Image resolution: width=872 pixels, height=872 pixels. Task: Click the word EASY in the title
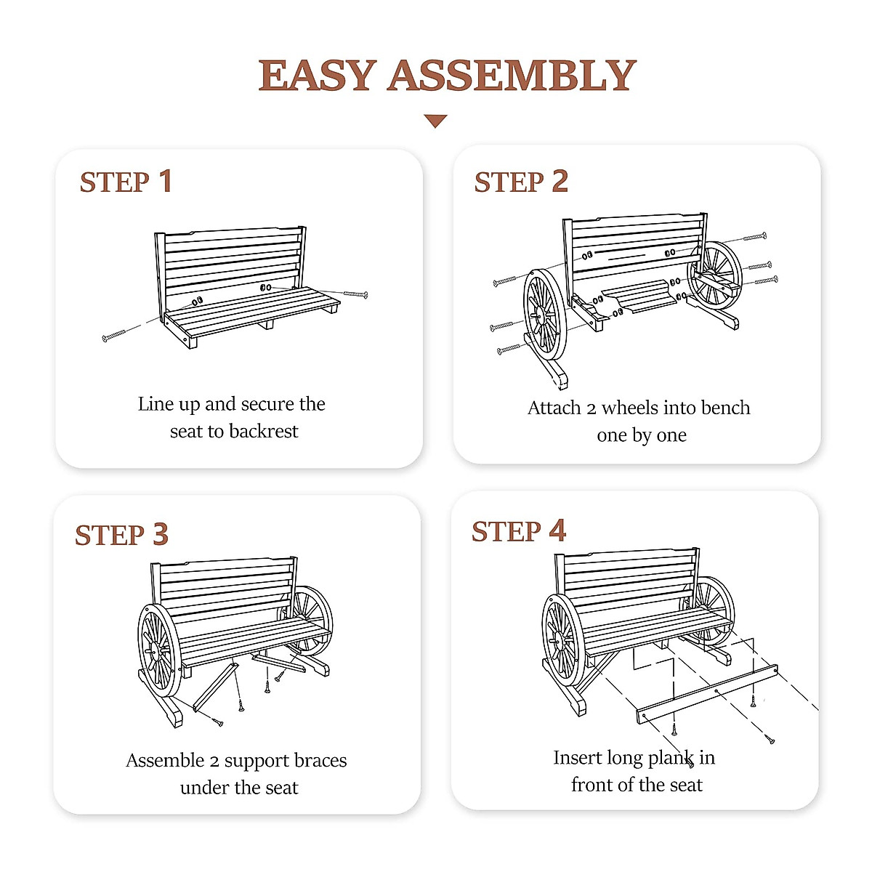[317, 76]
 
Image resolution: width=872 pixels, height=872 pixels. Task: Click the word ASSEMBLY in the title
[512, 76]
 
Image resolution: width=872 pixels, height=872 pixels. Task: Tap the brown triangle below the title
[435, 121]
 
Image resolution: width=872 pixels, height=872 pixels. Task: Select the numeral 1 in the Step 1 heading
[166, 182]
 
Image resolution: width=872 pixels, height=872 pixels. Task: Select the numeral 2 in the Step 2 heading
[560, 182]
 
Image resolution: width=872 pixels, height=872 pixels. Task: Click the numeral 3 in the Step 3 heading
[161, 535]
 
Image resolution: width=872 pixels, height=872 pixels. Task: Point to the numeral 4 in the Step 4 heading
[557, 531]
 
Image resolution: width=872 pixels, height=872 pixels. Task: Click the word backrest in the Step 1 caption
[264, 432]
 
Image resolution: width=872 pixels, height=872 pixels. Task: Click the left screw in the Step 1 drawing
[114, 335]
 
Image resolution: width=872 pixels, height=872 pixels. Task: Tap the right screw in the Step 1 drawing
[355, 294]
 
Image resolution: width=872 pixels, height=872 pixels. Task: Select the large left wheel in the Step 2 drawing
[544, 315]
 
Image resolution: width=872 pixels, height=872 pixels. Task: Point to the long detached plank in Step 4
[706, 694]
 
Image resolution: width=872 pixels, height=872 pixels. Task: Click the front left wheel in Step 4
[563, 640]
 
